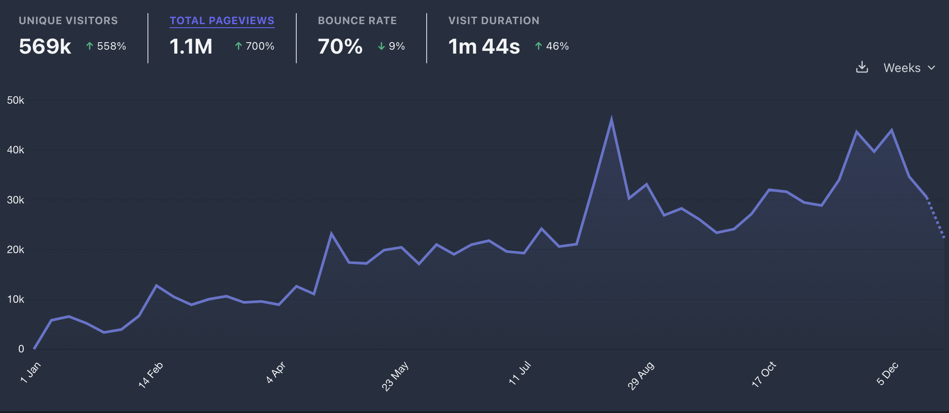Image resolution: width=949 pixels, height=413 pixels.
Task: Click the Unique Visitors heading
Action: pos(68,21)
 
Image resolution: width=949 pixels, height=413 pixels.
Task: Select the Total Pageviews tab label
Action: pos(222,21)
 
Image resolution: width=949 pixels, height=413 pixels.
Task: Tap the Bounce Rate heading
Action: pos(357,21)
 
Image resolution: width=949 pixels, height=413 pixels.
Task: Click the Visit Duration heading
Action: pos(493,21)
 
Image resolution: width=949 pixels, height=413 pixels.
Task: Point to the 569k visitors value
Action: pos(45,47)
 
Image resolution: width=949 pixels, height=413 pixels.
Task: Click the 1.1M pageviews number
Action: pos(191,47)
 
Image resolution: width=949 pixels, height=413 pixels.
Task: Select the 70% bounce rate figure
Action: pos(340,47)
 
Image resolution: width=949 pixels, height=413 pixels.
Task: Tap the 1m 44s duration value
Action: pos(484,47)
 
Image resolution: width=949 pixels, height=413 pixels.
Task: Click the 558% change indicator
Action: pos(106,46)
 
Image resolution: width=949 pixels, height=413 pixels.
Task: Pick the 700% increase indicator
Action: pos(255,46)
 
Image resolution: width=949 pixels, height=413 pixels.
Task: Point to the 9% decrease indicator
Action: pos(392,46)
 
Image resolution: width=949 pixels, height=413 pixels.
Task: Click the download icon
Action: pos(862,67)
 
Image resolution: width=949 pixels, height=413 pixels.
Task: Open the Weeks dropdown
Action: pos(909,68)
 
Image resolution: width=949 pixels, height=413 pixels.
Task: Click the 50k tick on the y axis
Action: pos(15,100)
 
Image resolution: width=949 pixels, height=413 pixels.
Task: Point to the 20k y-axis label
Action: pos(15,250)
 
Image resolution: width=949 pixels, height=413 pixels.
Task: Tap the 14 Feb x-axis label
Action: pos(151,375)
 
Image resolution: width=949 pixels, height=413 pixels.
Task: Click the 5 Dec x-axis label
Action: pos(887,374)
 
